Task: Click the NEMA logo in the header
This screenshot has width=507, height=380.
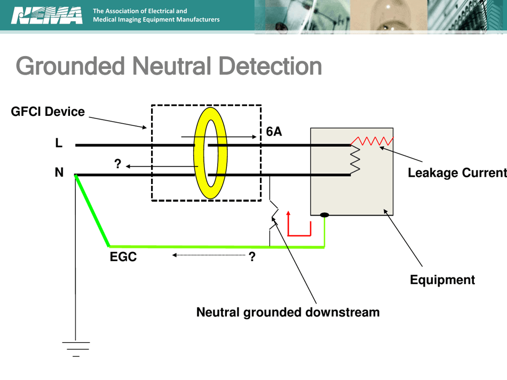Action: [x=47, y=15]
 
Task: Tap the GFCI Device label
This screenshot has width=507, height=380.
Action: [x=47, y=112]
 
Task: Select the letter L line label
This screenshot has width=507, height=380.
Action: [x=59, y=143]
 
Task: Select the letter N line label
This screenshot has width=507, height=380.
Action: [x=59, y=172]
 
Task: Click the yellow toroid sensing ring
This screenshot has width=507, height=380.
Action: [x=210, y=152]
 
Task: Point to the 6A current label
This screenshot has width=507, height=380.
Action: [x=274, y=132]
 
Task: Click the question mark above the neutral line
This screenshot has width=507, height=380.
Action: [x=118, y=164]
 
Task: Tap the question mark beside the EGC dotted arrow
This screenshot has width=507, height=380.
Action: [x=252, y=257]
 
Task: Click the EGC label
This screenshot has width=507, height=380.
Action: [x=123, y=257]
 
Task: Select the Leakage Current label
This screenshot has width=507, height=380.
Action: [x=457, y=173]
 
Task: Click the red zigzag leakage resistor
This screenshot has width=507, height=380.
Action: [x=373, y=141]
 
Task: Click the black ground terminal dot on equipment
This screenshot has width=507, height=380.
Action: [x=324, y=215]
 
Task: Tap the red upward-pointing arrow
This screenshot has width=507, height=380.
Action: [x=289, y=221]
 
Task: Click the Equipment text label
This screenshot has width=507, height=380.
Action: [x=442, y=280]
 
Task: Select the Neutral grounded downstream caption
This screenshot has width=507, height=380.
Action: [x=288, y=312]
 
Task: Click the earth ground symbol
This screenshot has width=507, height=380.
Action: [x=76, y=347]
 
